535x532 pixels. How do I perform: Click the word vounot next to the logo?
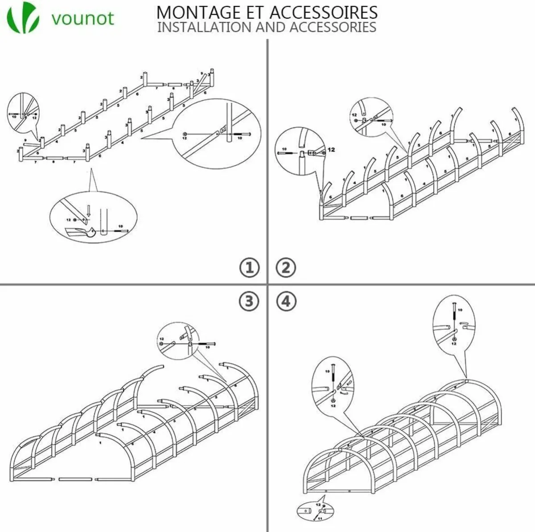pos(82,18)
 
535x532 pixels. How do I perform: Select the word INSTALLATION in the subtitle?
pos(205,27)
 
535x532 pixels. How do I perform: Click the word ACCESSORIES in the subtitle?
pos(333,27)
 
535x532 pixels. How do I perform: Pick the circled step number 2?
pos(286,267)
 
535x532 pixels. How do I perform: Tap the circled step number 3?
pos(249,301)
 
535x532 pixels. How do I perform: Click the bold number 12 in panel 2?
pos(332,150)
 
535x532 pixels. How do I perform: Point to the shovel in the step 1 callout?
pos(81,232)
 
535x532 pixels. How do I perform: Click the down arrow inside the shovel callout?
pos(88,209)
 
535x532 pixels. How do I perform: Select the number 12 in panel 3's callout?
pos(161,340)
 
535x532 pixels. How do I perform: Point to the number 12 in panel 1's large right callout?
pos(185,139)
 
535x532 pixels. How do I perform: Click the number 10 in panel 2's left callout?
pos(284,149)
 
